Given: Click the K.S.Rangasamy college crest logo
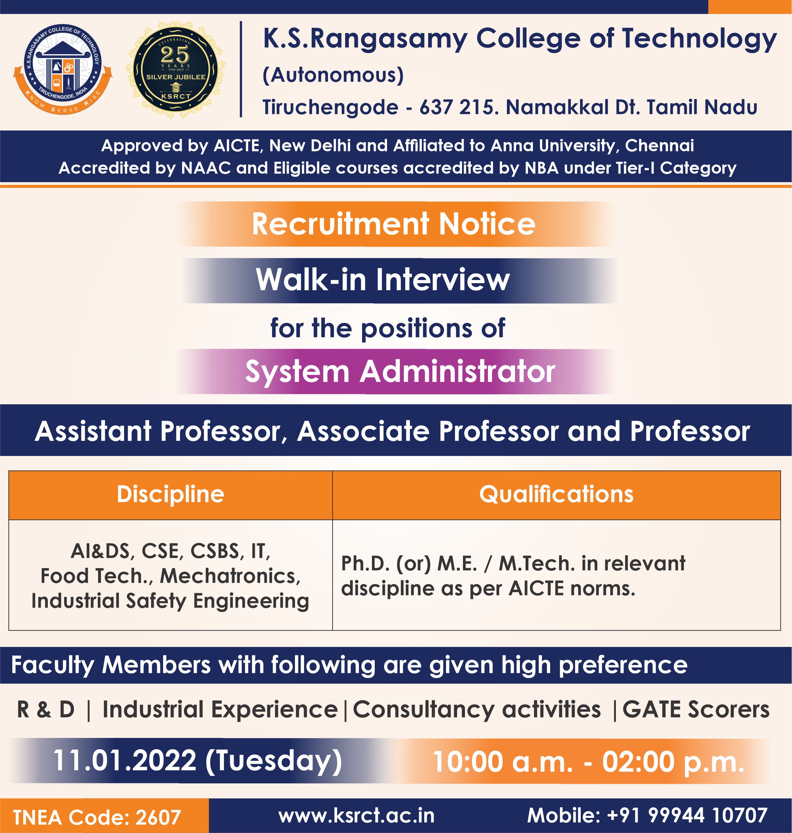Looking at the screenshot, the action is point(63,70).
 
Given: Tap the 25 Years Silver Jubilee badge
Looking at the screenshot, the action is point(175,70).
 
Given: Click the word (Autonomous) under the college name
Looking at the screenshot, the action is point(333,75).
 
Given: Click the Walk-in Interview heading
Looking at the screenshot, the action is point(383,280).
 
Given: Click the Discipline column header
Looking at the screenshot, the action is point(170,494).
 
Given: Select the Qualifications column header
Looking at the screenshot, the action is point(556,494).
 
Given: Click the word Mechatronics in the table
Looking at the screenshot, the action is point(231,576).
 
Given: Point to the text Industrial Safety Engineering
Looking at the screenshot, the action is point(170,602).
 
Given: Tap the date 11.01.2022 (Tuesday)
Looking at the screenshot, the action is point(198,761).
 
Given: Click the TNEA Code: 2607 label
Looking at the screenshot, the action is point(97,818).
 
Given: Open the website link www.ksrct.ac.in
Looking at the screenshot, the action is point(356,816).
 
